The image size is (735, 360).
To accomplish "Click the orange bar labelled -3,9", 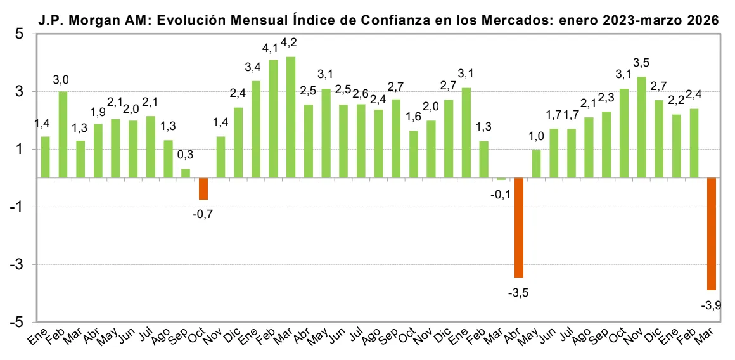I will (x=711, y=234).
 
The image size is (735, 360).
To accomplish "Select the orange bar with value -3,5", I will (x=518, y=228).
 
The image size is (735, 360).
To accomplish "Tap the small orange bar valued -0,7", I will (x=203, y=189).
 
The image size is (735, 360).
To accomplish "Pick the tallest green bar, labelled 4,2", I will (x=291, y=117).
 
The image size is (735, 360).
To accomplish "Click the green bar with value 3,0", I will (x=63, y=134).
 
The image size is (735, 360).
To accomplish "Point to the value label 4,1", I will (x=271, y=48).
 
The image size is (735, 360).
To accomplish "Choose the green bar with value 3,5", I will (x=641, y=127).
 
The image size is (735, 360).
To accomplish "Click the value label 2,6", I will (x=360, y=93).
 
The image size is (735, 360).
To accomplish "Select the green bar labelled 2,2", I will (x=677, y=146).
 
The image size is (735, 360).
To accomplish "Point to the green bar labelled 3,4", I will (x=256, y=129).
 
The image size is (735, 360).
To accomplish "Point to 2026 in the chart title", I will (x=703, y=20).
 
